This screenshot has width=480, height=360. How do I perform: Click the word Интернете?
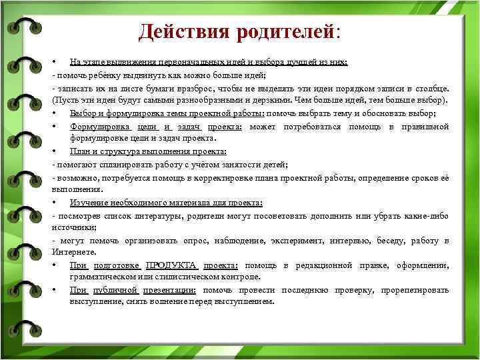(x=74, y=252)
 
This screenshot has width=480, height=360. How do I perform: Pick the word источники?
(x=72, y=227)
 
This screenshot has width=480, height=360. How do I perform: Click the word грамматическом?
(x=100, y=276)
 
